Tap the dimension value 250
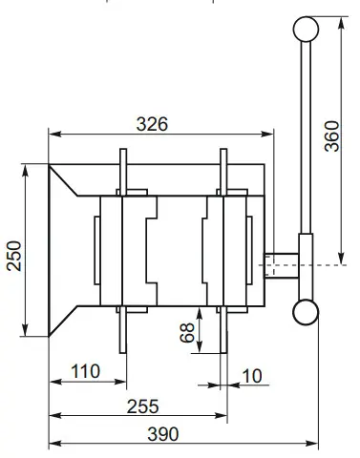[x=12, y=252]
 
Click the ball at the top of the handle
[x=306, y=29]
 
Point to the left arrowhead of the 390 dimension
[x=54, y=444]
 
